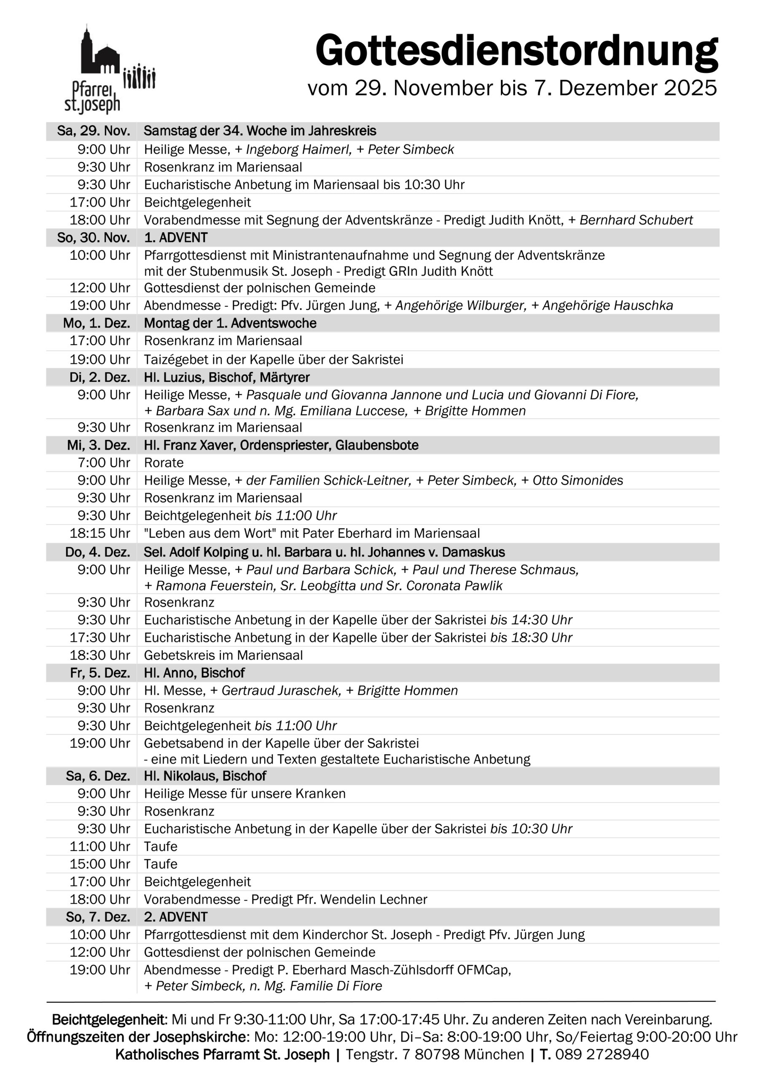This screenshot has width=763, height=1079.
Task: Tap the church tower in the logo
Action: coord(86,49)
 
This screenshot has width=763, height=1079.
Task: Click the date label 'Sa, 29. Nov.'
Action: coord(93,131)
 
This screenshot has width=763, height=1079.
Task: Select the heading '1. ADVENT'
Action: coord(176,238)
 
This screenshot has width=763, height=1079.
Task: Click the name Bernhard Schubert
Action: coord(636,220)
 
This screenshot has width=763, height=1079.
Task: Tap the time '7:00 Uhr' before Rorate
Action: coord(103,463)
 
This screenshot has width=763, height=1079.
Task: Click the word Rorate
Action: coord(164,463)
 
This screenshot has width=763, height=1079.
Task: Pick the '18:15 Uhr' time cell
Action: coord(99,534)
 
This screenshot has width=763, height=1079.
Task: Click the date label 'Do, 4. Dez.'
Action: coord(97,552)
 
